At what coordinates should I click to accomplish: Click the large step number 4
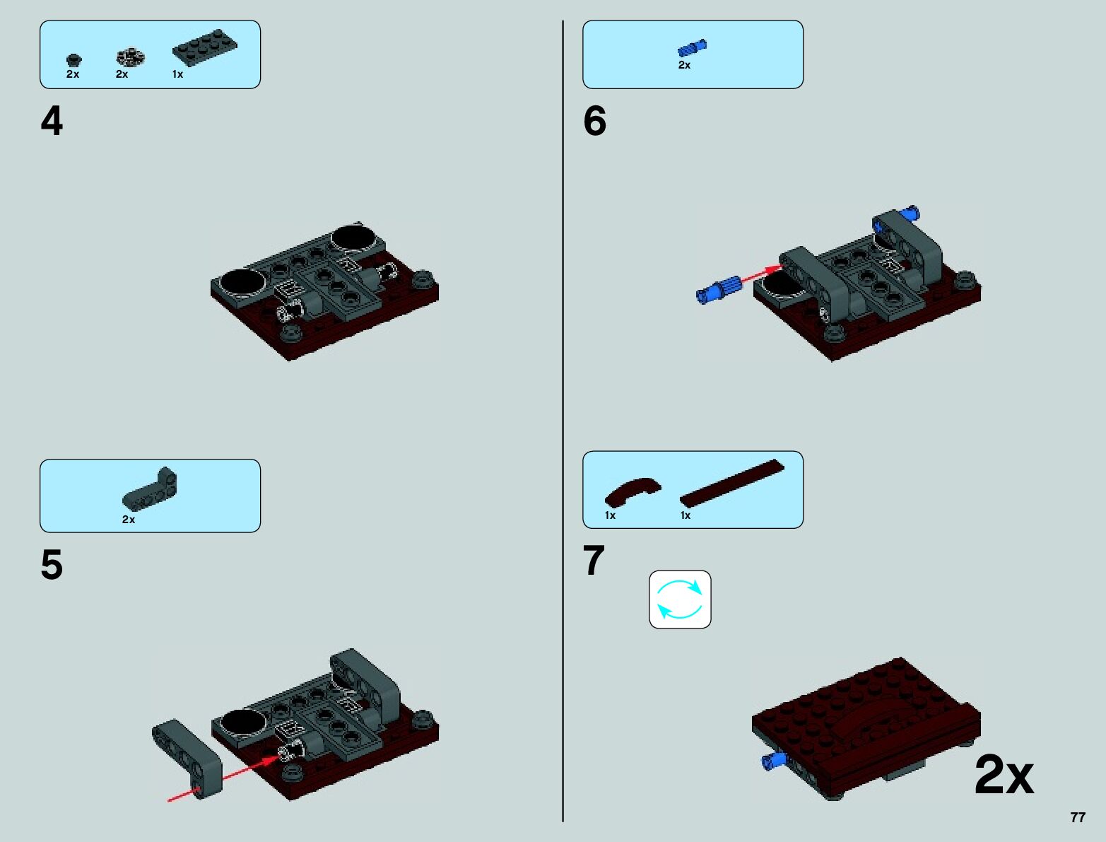click(52, 121)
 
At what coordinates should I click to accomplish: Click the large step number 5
click(52, 564)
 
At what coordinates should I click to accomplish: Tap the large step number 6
click(594, 121)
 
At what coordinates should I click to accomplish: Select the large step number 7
click(594, 560)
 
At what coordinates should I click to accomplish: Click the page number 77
click(1078, 817)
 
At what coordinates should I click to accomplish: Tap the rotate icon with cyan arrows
click(680, 599)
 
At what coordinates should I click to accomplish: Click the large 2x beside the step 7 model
click(1004, 775)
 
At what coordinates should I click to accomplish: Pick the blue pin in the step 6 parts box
click(692, 48)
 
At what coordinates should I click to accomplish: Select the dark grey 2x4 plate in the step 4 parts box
click(204, 47)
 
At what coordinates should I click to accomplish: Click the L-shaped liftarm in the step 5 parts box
click(150, 489)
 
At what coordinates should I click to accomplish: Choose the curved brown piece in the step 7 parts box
click(633, 491)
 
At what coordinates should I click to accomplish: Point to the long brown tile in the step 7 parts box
click(732, 483)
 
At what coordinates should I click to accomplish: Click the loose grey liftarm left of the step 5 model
click(187, 759)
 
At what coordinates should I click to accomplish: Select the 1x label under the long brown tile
click(686, 515)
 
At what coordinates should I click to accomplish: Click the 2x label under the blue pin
click(684, 65)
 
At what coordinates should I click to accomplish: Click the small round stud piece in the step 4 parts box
click(73, 60)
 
